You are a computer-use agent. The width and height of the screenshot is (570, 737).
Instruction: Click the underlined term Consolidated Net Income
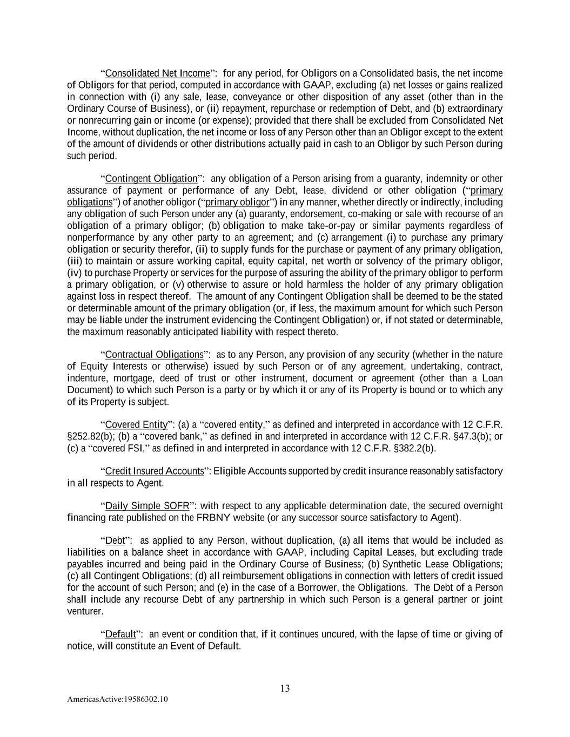click(157, 73)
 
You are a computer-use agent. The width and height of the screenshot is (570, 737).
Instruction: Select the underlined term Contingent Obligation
click(151, 178)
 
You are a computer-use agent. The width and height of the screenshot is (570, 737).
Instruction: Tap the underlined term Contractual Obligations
click(154, 355)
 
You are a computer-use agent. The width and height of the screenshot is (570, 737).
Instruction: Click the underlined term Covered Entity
click(136, 424)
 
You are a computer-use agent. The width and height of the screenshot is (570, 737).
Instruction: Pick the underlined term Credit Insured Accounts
click(155, 471)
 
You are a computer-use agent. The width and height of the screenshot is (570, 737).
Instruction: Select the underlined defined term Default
click(120, 634)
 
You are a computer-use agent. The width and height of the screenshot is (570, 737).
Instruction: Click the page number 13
click(285, 688)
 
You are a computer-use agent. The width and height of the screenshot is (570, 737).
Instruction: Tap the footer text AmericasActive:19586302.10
click(117, 699)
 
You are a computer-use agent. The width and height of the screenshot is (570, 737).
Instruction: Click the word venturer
click(85, 611)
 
